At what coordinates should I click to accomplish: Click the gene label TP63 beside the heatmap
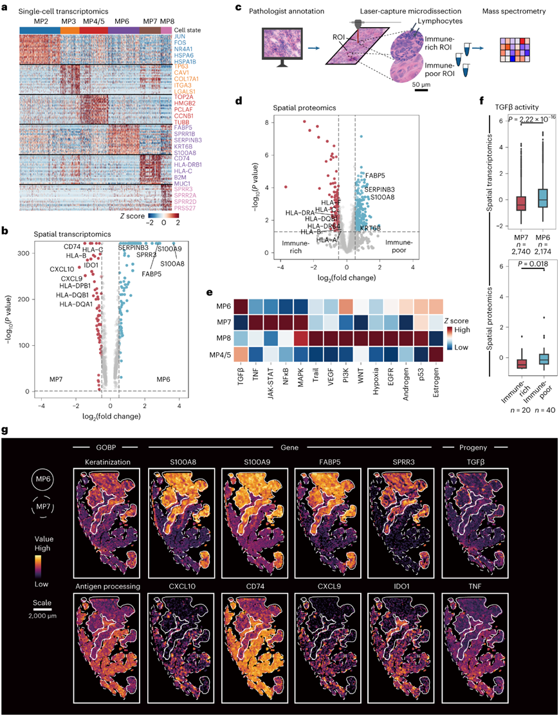click(x=182, y=66)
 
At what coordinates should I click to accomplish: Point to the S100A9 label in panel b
click(x=169, y=248)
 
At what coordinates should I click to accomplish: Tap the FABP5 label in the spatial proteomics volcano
click(x=377, y=175)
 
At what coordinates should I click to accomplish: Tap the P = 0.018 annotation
click(x=524, y=263)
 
